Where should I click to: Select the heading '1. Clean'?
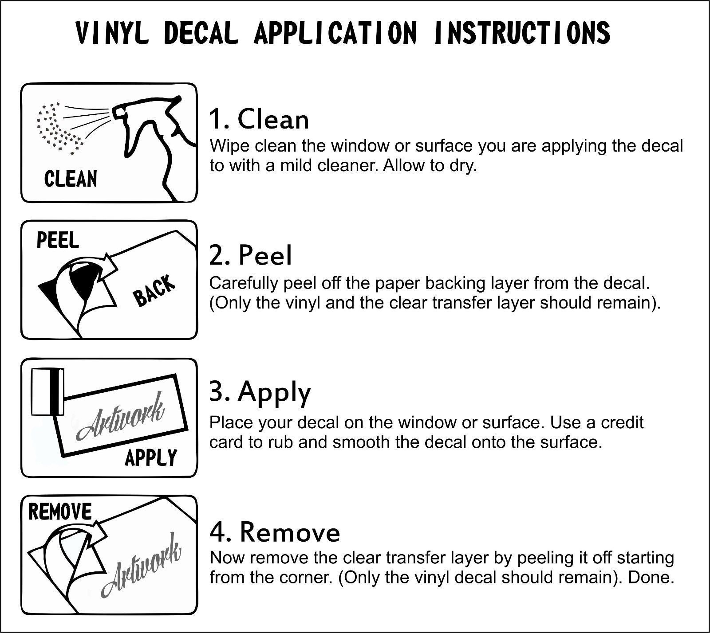pyautogui.click(x=259, y=120)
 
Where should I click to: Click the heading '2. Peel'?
pyautogui.click(x=251, y=256)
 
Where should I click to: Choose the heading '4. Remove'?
pyautogui.click(x=275, y=532)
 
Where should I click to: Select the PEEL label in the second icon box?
pyautogui.click(x=58, y=240)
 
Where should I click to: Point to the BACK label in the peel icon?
pyautogui.click(x=155, y=291)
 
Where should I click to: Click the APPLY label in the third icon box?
pyautogui.click(x=151, y=458)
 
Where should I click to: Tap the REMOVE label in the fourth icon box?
pyautogui.click(x=59, y=512)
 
